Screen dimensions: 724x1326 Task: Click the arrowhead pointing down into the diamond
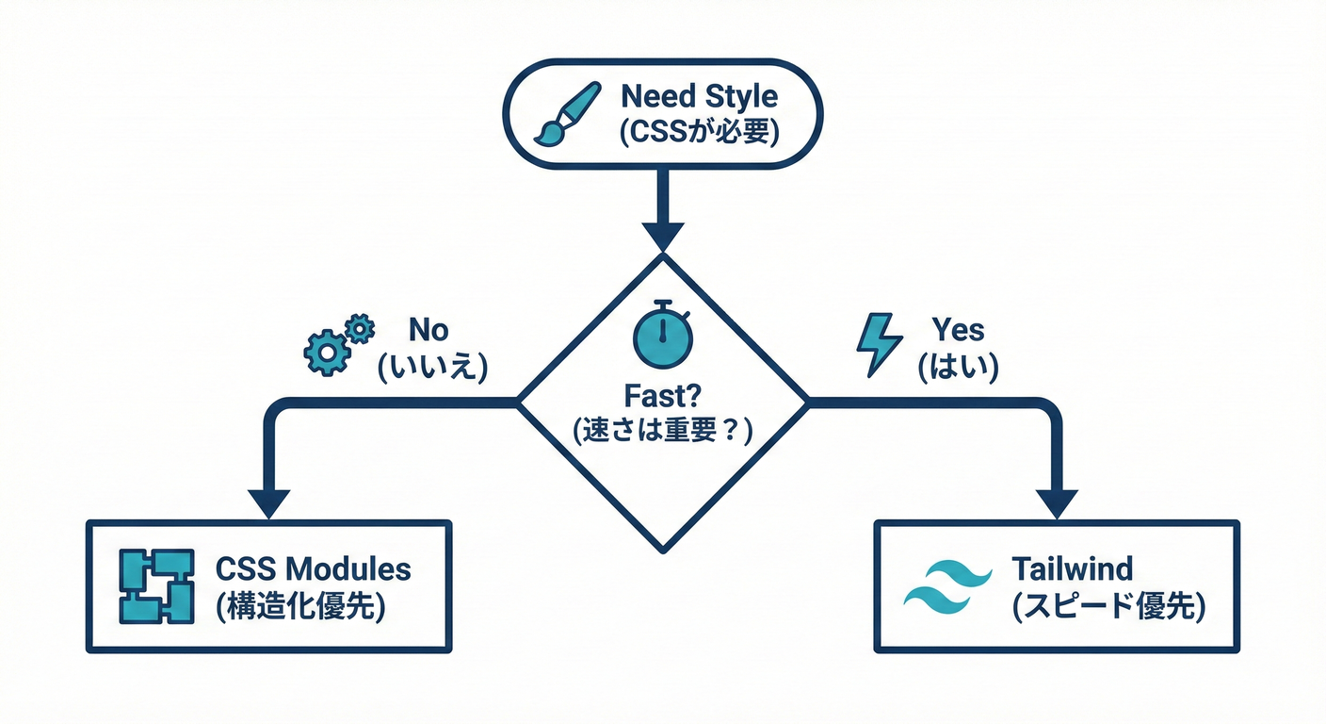[662, 235]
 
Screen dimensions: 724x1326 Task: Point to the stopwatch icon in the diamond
[663, 332]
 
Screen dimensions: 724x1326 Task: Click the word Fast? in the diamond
[663, 393]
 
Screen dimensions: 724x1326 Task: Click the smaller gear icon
[360, 327]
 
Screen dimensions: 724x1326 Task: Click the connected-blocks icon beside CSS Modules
[157, 585]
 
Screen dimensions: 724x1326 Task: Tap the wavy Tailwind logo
[947, 584]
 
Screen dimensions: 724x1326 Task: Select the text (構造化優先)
[300, 605]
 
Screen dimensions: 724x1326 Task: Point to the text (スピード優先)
[1108, 605]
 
